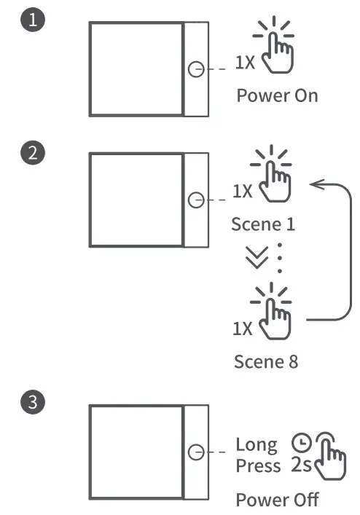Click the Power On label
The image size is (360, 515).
277,96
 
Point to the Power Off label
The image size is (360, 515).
277,500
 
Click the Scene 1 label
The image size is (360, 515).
263,224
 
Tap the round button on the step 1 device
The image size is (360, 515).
195,69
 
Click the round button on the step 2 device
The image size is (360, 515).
195,200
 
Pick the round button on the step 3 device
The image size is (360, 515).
195,452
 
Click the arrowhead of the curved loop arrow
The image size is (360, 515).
315,185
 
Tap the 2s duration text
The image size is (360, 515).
301,465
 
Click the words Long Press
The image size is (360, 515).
257,455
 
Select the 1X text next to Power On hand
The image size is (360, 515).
245,63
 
